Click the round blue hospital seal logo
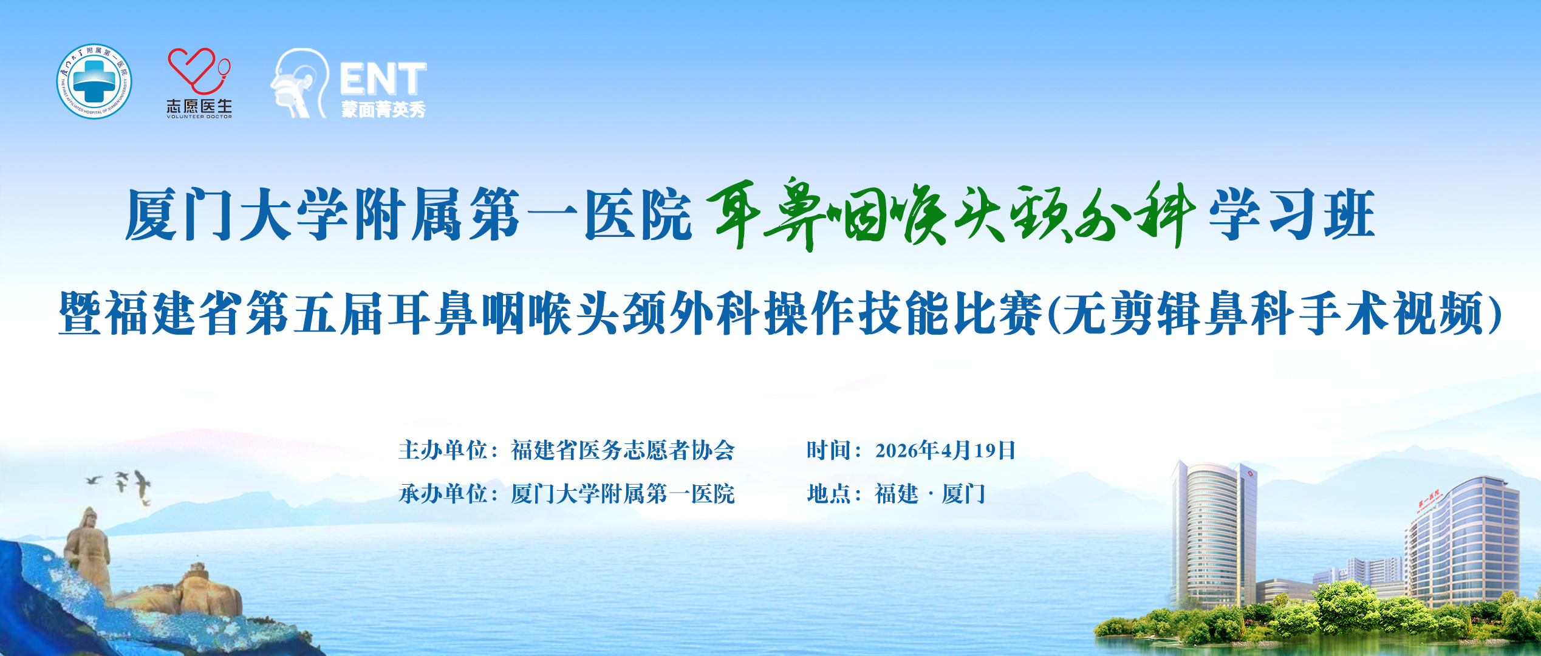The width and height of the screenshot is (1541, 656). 94,81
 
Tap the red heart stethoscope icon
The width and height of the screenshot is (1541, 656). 199,71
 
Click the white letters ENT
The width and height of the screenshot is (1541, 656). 383,79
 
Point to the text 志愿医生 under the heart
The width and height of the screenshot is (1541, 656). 199,106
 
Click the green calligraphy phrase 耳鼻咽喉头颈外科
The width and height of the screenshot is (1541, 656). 951,214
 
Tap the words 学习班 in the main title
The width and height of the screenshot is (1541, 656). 1293,214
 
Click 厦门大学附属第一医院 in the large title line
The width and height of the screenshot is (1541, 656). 409,214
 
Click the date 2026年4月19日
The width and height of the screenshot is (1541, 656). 945,450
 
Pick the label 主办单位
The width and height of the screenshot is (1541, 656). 443,450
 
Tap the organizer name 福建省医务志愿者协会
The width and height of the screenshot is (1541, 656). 623,450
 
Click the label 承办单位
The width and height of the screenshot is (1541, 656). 443,494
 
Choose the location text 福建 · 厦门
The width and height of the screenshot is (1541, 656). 930,494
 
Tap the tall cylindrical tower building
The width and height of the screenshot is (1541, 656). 1212,535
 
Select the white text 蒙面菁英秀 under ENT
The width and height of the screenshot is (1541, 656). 383,109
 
